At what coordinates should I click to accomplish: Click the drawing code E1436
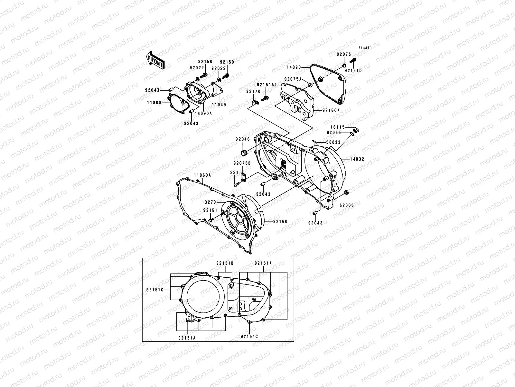pos(364,48)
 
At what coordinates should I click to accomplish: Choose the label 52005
pos(346,205)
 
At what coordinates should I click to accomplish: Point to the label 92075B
pos(242,163)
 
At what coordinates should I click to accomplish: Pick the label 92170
pos(253,91)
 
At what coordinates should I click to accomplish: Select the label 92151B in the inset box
pos(225,263)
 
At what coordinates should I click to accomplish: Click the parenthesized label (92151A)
pos(266,85)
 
